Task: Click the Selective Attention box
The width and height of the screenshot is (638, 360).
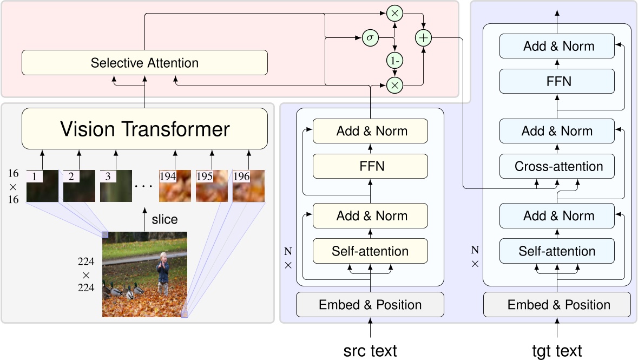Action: tap(144, 63)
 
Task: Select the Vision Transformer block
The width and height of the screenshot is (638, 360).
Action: tap(144, 129)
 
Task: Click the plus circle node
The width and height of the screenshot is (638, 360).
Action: tap(423, 38)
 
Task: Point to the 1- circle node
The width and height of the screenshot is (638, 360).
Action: tap(394, 61)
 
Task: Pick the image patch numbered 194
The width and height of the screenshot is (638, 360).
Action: tap(175, 186)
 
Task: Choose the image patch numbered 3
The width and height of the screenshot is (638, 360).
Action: tap(116, 186)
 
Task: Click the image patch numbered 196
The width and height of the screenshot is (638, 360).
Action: tap(248, 186)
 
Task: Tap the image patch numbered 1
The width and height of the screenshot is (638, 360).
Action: tap(42, 186)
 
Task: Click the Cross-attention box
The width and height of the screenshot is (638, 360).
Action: tap(557, 166)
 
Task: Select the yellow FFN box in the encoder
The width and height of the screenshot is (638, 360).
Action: tap(370, 166)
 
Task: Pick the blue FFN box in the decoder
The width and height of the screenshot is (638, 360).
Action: tap(557, 81)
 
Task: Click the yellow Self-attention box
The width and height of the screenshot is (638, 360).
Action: tap(370, 251)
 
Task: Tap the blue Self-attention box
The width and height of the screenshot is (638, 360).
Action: tap(557, 251)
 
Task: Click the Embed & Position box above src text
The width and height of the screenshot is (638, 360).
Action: tap(370, 305)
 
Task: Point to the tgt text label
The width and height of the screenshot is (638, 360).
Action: tap(557, 350)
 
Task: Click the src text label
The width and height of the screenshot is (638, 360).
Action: tap(370, 350)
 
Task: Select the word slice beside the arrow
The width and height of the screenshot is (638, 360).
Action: tap(165, 219)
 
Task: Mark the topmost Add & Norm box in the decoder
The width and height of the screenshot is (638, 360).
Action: tap(557, 46)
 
